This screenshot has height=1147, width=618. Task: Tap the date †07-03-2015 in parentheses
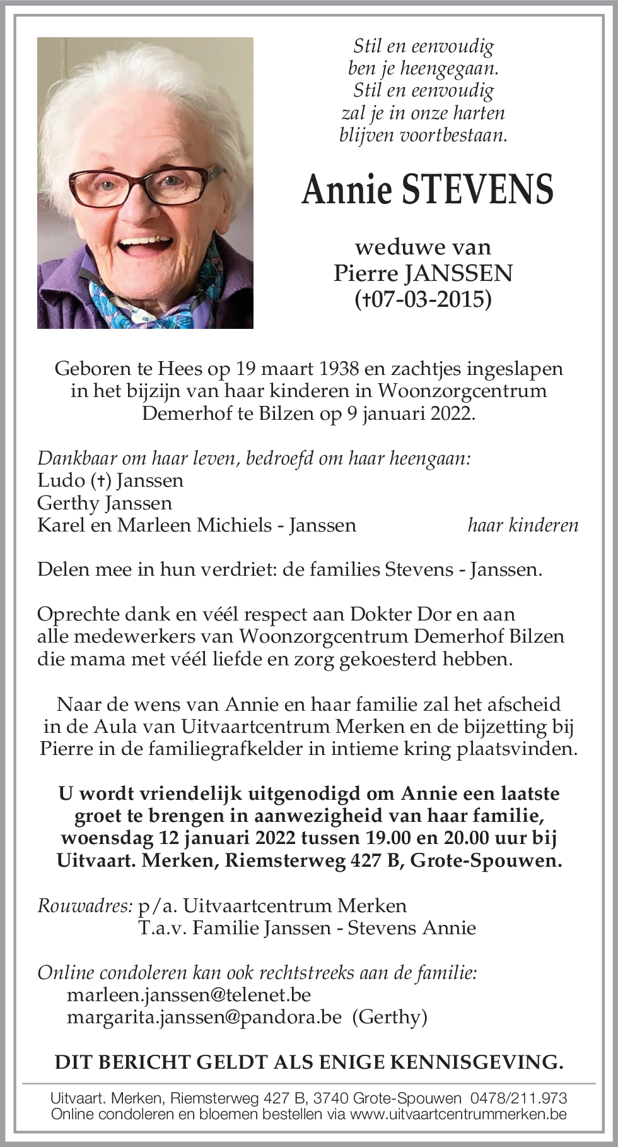[x=423, y=299]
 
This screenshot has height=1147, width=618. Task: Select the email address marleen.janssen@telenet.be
[x=189, y=994]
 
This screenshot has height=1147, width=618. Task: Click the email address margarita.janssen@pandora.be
[x=204, y=1016]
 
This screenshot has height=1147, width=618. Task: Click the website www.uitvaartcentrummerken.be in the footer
[x=458, y=1114]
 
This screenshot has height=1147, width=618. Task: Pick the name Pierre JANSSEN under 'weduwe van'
[x=423, y=273]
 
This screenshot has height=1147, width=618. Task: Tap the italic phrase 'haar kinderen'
[x=523, y=525]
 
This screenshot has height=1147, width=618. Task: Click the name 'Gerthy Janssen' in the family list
[x=105, y=502]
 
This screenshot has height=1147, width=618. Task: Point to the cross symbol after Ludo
[x=101, y=480]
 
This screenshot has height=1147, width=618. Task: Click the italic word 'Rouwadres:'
[x=85, y=906]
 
